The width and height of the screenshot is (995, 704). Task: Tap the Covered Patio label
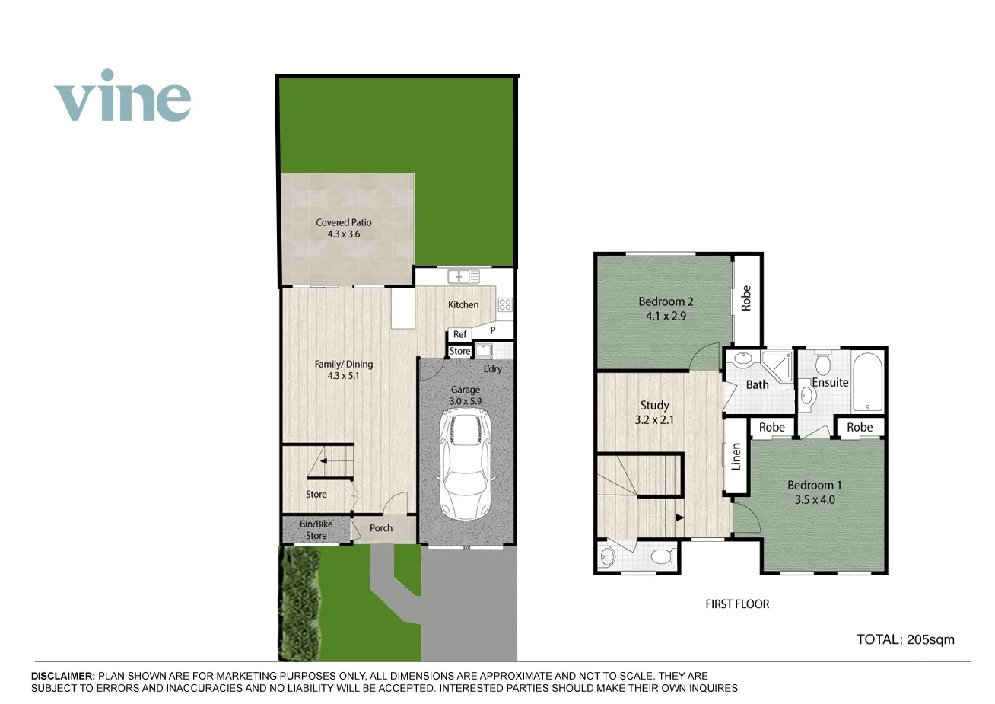pos(344,222)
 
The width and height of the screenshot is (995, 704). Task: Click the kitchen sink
pos(463,276)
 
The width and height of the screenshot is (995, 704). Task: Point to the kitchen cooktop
pos(505,304)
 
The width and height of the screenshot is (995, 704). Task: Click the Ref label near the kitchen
pos(459,334)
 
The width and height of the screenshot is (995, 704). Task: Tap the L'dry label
pos(492,369)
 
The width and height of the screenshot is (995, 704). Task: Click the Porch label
pos(381,528)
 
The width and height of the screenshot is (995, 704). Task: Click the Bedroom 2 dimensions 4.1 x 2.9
pos(666,316)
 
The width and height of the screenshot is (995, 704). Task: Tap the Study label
pos(654,405)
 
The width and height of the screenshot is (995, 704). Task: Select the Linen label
pos(736,457)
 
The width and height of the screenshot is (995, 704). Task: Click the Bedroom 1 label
pos(814,485)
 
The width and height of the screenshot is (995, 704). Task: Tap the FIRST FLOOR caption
pos(737,604)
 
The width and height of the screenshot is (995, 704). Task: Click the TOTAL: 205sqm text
pos(905,639)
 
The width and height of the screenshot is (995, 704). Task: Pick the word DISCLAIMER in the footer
pos(63,676)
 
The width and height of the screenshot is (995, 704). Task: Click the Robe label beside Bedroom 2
pos(746,297)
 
